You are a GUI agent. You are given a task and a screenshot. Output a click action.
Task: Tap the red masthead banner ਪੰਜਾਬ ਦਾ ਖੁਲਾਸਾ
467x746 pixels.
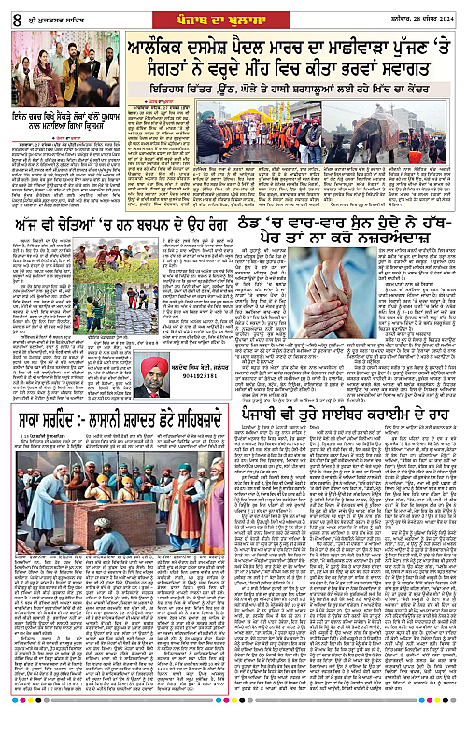tap(233, 11)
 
